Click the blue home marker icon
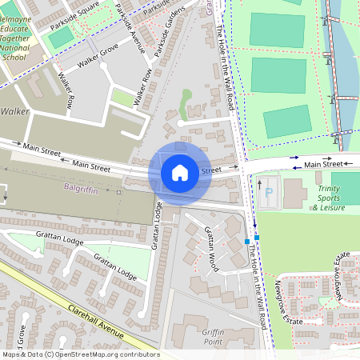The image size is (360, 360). tap(180, 172)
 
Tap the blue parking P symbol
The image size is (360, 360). tap(269, 193)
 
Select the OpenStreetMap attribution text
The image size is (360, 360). tap(80, 354)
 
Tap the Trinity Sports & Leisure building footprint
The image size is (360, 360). tap(293, 190)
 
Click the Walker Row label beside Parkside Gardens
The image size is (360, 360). tap(143, 87)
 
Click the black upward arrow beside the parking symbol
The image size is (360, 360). tap(258, 186)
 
